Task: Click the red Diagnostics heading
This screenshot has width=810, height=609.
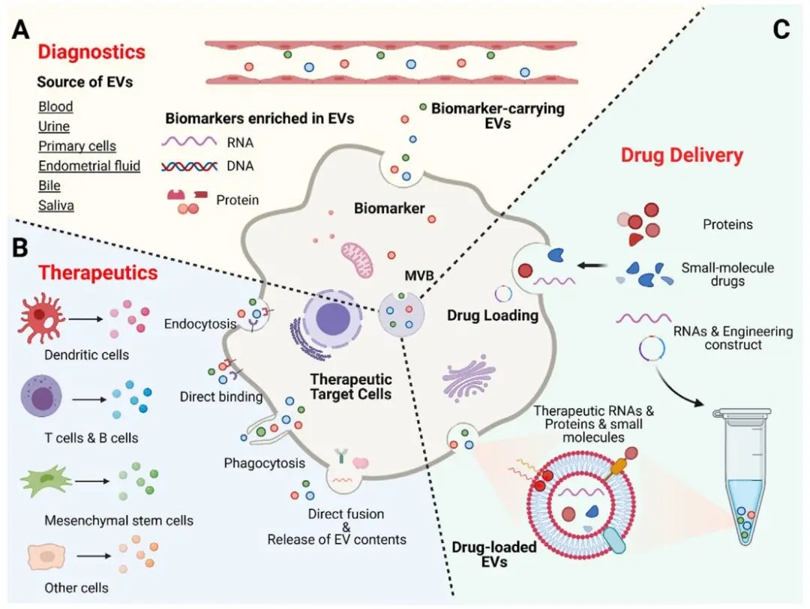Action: click(91, 52)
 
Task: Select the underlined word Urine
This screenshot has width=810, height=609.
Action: click(54, 126)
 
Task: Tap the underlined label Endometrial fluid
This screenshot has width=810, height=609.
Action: click(89, 166)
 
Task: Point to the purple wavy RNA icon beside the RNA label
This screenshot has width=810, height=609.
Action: click(188, 142)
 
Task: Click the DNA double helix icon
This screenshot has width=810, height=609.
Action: click(188, 166)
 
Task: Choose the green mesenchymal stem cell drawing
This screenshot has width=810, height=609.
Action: click(46, 481)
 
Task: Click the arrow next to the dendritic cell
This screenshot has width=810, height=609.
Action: click(85, 319)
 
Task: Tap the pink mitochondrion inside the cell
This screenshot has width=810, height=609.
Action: click(356, 259)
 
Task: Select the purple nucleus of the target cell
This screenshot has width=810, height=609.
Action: click(332, 316)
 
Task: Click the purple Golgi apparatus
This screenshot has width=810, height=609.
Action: click(468, 377)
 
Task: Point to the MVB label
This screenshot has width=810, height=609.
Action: click(419, 276)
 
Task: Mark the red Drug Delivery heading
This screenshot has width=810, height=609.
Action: click(682, 155)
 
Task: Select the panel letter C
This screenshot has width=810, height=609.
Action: click(781, 29)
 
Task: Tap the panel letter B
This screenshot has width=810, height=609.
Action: click(19, 247)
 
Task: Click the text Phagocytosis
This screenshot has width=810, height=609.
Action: click(265, 463)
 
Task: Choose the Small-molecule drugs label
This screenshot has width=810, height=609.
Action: click(727, 274)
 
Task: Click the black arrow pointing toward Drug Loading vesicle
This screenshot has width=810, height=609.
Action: click(592, 265)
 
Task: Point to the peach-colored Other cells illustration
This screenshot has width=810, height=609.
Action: click(47, 556)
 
